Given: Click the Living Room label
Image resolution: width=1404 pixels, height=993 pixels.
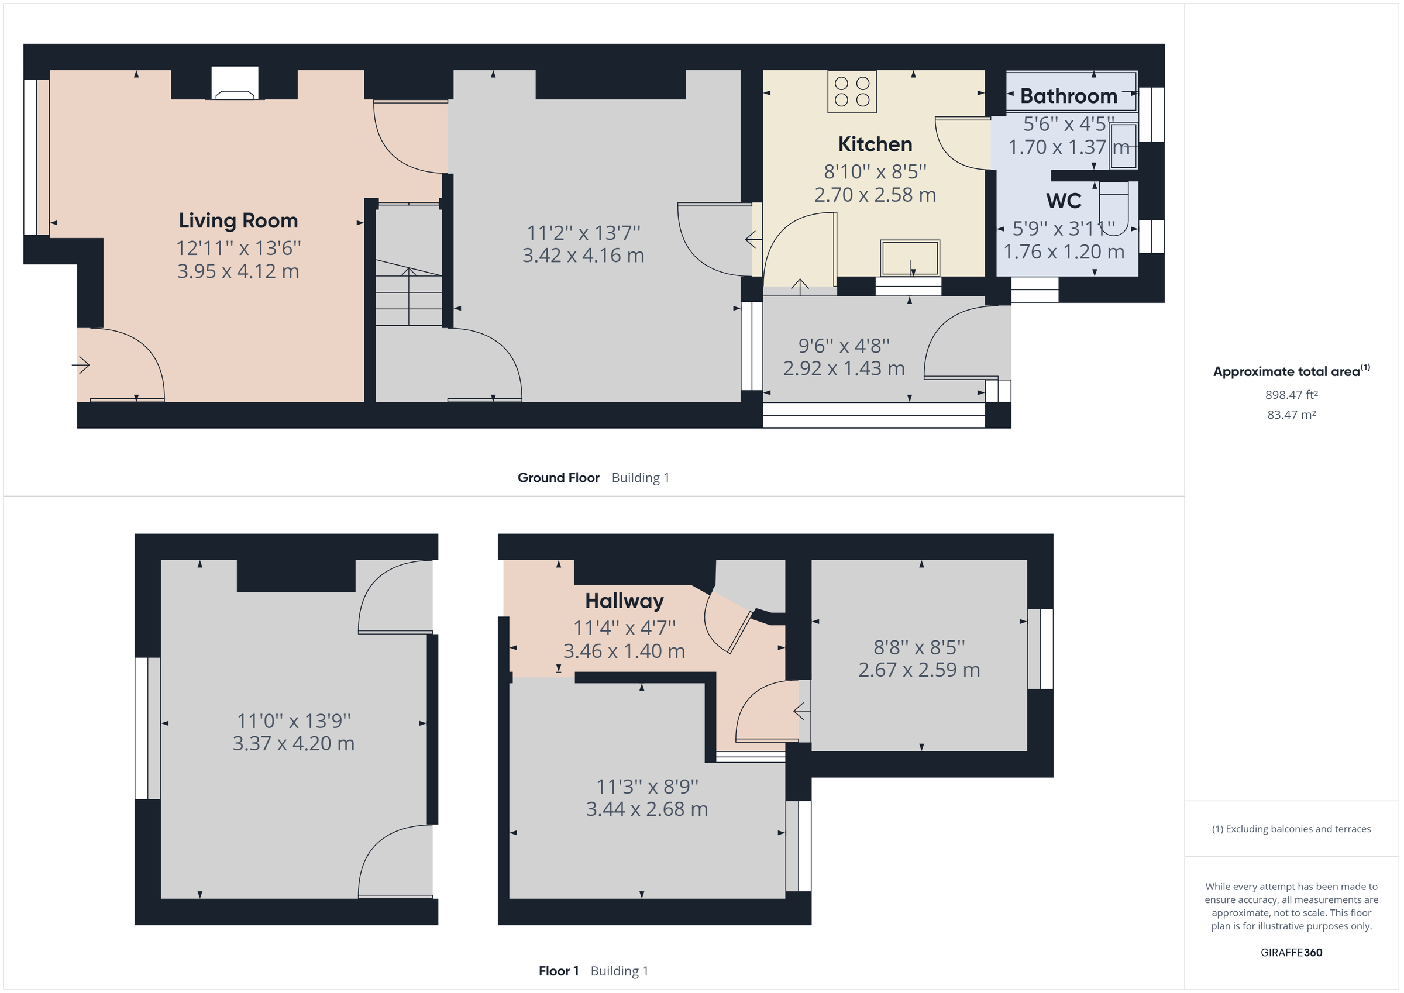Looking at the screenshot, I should (x=238, y=220).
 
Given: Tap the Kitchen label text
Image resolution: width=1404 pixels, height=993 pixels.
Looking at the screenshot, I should (x=875, y=144).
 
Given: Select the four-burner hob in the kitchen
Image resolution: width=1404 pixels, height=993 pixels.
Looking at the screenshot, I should (x=852, y=92).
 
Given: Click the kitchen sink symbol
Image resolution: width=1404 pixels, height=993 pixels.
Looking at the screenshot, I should (x=909, y=258).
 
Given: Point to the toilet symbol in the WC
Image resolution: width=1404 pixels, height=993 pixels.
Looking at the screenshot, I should (x=1113, y=199).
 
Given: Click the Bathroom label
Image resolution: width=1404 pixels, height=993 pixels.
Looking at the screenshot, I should (x=1068, y=96).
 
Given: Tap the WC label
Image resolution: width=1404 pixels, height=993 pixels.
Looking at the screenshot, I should (x=1064, y=201).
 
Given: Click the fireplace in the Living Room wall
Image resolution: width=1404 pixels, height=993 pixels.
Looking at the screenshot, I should (x=235, y=84).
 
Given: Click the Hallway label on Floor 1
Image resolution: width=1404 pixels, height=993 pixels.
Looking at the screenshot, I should (x=624, y=601).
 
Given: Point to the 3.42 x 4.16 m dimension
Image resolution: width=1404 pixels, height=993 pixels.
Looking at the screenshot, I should (x=583, y=256).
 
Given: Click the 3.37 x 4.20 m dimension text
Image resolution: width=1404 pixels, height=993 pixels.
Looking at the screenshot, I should (x=293, y=743).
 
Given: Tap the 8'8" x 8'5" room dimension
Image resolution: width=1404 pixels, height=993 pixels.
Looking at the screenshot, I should (x=918, y=647).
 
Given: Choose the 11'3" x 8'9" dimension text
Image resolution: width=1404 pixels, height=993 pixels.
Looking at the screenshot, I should (x=646, y=787).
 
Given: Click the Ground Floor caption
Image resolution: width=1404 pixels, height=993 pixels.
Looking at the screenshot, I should (x=558, y=478).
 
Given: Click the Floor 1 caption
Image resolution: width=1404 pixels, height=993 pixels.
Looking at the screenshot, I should (x=558, y=971).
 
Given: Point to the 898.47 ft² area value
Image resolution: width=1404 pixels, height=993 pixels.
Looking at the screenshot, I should (x=1291, y=395).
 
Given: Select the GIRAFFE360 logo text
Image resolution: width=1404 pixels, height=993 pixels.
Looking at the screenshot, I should (x=1291, y=953).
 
